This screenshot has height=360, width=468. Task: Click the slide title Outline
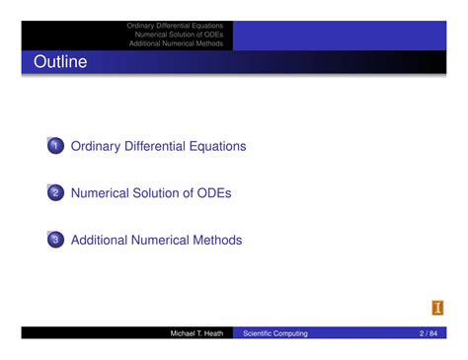[x=60, y=63]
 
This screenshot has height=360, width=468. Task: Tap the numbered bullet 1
[x=55, y=147]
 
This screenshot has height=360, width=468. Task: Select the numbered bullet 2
[x=55, y=193]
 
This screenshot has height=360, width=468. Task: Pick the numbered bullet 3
[x=55, y=240]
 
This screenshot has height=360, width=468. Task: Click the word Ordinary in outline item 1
[x=96, y=147]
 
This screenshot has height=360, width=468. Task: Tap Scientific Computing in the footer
[x=275, y=333]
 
